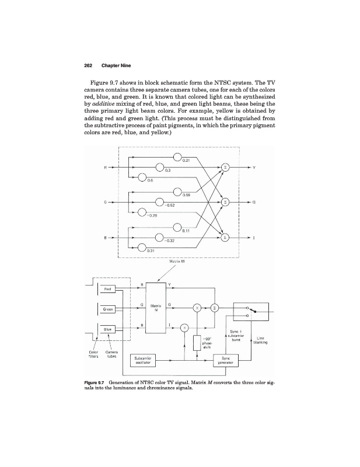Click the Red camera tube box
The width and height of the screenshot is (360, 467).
click(x=107, y=288)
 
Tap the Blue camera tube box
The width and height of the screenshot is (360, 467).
click(x=107, y=329)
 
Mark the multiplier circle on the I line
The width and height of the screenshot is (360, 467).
click(x=184, y=328)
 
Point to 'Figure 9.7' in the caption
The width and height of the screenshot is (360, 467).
click(x=96, y=384)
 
